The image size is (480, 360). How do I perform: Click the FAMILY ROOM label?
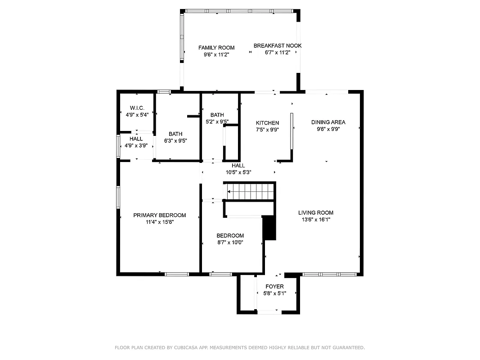[x=216, y=48]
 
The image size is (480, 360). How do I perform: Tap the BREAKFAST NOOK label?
[x=277, y=46]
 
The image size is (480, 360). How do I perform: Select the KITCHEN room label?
[x=267, y=123]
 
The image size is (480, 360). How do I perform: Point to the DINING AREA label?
[x=328, y=122]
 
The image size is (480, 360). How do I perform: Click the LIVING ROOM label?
[x=315, y=213]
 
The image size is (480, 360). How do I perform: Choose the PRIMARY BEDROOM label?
[x=159, y=216]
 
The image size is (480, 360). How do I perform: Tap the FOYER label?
[x=274, y=287]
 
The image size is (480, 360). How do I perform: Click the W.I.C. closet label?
[x=137, y=108]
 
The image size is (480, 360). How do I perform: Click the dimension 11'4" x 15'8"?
[x=159, y=222]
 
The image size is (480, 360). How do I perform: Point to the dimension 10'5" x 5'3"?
[x=238, y=172]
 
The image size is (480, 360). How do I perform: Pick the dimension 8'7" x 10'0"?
[x=230, y=243]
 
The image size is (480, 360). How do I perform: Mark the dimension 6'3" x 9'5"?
[x=175, y=141]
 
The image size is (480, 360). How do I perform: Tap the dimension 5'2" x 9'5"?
[x=217, y=122]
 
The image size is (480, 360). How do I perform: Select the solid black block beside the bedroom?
[x=269, y=228]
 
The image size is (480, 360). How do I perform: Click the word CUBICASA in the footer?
[x=187, y=347]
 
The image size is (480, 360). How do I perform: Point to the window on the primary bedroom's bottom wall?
[x=176, y=274]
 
